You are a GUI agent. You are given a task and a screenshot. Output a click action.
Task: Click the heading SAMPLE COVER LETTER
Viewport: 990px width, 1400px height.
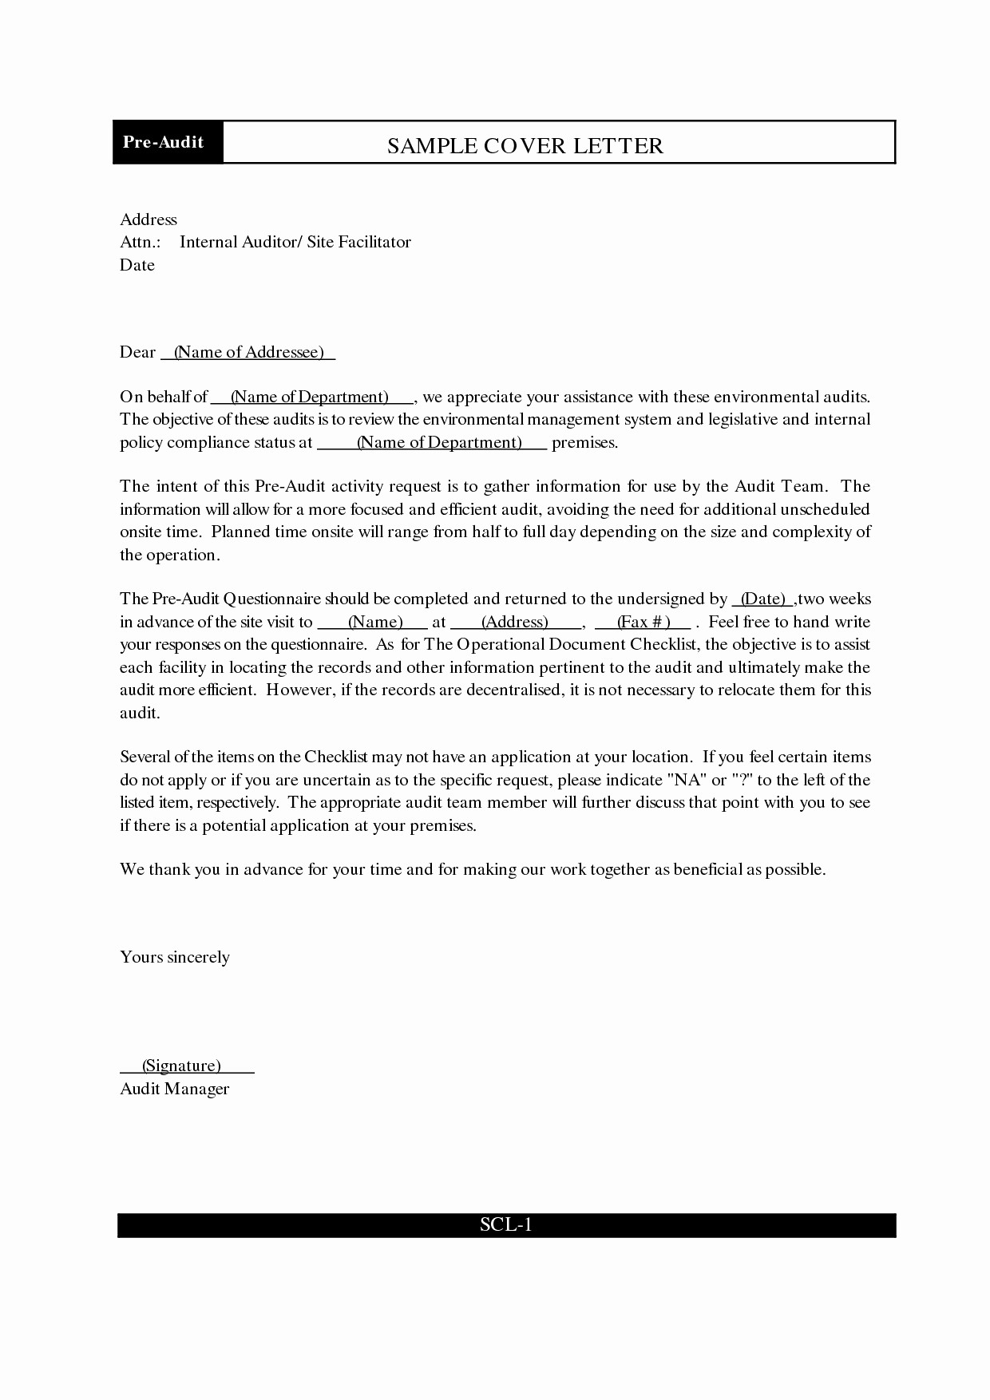[x=525, y=145]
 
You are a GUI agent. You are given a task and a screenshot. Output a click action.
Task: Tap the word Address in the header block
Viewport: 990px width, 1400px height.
[x=148, y=219]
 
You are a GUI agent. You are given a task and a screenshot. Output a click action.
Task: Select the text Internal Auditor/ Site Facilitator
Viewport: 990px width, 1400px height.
[x=295, y=242]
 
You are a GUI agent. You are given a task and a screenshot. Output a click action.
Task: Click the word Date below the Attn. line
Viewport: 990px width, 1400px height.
[x=137, y=265]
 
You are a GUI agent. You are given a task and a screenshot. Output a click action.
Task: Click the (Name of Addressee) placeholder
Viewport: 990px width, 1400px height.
[x=248, y=352]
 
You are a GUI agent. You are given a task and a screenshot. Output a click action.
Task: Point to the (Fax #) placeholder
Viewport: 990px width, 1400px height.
[x=643, y=622]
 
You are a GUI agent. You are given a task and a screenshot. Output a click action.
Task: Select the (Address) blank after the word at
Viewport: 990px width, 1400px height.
[x=515, y=622]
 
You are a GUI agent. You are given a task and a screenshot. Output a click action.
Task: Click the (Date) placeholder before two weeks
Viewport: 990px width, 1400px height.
[x=763, y=599]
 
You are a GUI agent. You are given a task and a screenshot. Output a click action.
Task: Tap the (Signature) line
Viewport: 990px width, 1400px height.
[x=181, y=1066]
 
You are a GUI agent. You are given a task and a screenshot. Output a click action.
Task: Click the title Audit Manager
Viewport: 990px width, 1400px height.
[x=174, y=1089]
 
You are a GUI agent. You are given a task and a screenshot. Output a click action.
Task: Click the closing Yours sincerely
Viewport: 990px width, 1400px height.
[x=175, y=957]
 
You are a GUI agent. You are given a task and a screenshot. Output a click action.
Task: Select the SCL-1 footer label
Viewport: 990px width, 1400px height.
[x=505, y=1224]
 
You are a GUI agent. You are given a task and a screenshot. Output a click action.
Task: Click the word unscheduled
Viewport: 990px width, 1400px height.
[x=825, y=509]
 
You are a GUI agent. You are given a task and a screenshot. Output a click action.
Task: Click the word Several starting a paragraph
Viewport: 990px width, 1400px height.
[x=145, y=757]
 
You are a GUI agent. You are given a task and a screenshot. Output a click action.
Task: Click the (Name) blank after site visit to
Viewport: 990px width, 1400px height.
[x=374, y=622]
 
